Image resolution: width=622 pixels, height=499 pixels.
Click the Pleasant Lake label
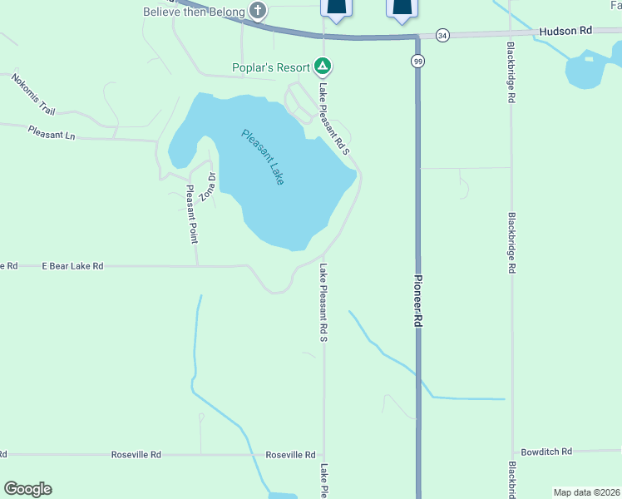(264, 156)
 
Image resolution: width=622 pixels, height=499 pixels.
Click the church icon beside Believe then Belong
(259, 11)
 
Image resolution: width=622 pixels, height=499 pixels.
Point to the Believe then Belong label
(195, 12)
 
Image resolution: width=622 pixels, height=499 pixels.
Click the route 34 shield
(442, 35)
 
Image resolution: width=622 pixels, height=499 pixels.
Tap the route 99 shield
(417, 62)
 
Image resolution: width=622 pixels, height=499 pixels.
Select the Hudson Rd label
(565, 31)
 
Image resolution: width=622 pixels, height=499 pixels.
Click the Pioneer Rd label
(419, 305)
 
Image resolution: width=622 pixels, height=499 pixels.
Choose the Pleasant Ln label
(51, 131)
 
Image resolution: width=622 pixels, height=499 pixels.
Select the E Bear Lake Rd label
(72, 266)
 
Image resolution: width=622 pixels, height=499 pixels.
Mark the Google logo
(27, 489)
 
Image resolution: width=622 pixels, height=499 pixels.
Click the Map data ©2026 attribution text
(586, 492)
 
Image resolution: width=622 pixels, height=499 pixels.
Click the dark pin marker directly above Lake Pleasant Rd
(336, 8)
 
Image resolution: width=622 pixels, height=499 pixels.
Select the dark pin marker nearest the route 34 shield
(401, 8)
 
